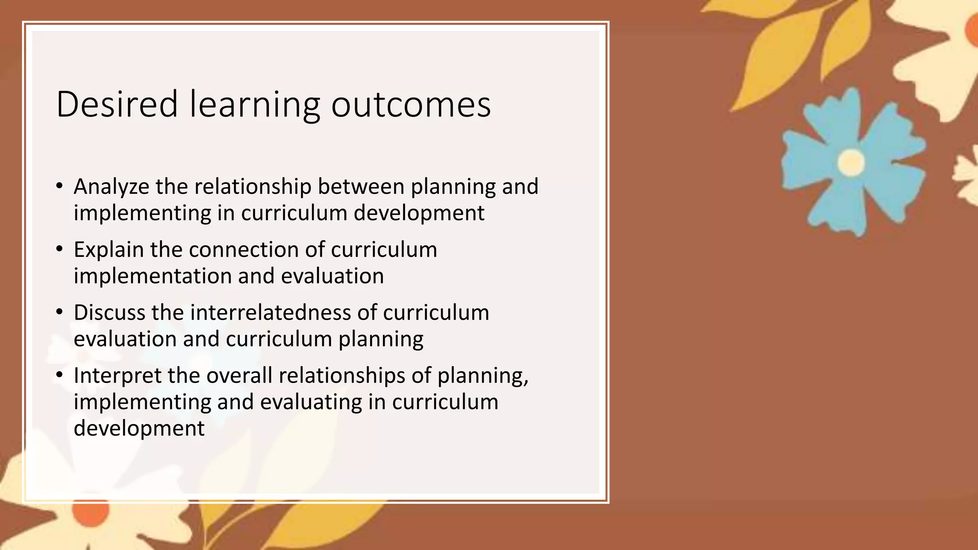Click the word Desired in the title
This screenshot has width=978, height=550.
click(117, 104)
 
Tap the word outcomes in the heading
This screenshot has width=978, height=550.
click(411, 104)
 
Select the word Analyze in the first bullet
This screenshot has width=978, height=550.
click(111, 187)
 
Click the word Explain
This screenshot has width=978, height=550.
click(108, 250)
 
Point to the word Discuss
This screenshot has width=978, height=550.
click(109, 313)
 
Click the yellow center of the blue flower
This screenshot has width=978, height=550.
click(851, 162)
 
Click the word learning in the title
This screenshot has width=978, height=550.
click(255, 104)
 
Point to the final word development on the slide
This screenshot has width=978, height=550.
click(139, 428)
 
